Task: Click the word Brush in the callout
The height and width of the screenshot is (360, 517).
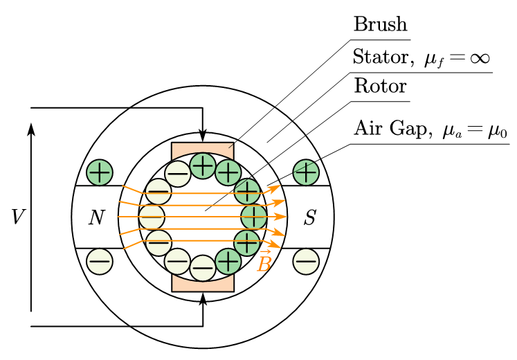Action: [380, 25]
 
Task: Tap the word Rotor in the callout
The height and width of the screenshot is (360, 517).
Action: [380, 88]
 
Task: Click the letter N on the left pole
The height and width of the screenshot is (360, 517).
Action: [96, 218]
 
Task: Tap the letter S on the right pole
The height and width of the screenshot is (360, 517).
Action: [310, 218]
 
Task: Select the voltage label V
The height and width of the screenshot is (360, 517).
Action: [19, 217]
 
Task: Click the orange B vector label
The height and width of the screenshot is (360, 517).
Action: [264, 262]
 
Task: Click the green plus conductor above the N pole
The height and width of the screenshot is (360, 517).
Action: [100, 172]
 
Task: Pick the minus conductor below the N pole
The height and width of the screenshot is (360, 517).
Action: [100, 261]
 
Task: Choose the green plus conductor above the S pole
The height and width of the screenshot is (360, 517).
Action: [305, 172]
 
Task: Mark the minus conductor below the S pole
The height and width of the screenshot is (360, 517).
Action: [305, 261]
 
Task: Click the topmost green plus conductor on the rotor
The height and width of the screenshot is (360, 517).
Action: [203, 165]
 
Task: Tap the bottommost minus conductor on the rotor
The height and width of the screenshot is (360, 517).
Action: [203, 267]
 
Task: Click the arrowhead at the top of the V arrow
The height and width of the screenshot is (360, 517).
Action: [31, 129]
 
